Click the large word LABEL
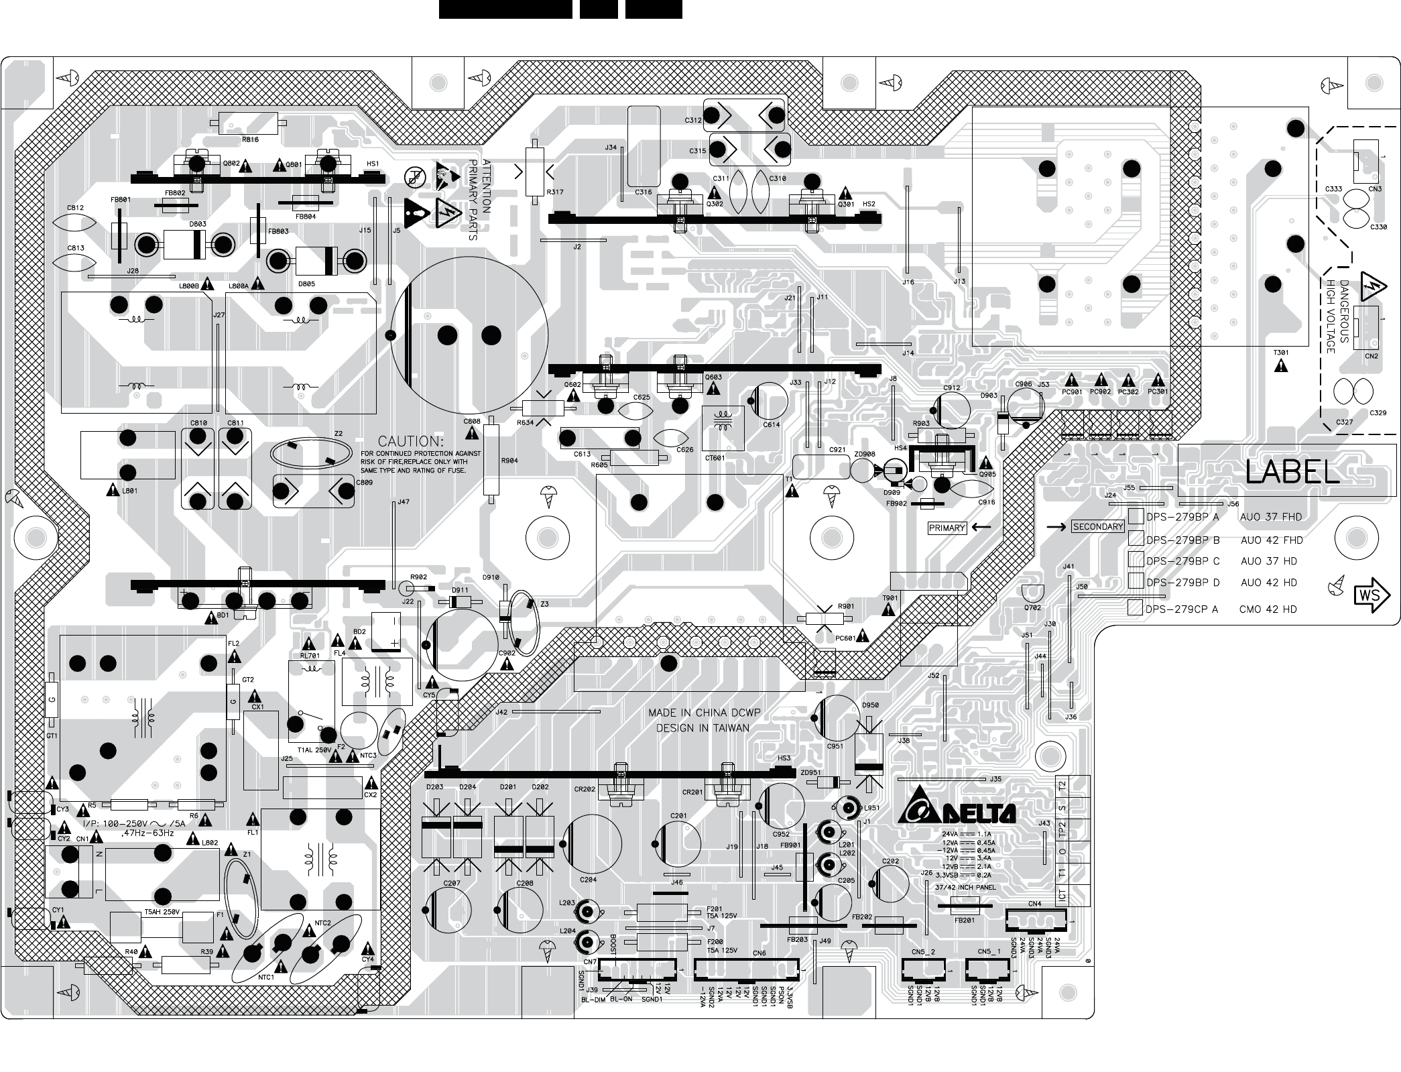[1292, 473]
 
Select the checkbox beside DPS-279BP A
[1136, 516]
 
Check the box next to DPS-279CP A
[1135, 608]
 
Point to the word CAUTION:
[410, 442]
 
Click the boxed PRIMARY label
[947, 528]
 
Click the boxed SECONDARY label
[1097, 526]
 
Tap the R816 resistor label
[250, 139]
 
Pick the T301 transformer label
[1281, 353]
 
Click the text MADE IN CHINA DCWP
[704, 713]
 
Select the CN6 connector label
[759, 953]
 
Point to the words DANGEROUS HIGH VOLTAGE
[1338, 316]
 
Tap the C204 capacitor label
[588, 880]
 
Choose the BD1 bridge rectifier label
[223, 615]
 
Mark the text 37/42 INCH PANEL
[965, 887]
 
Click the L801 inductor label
[129, 491]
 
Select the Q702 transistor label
[1032, 607]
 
